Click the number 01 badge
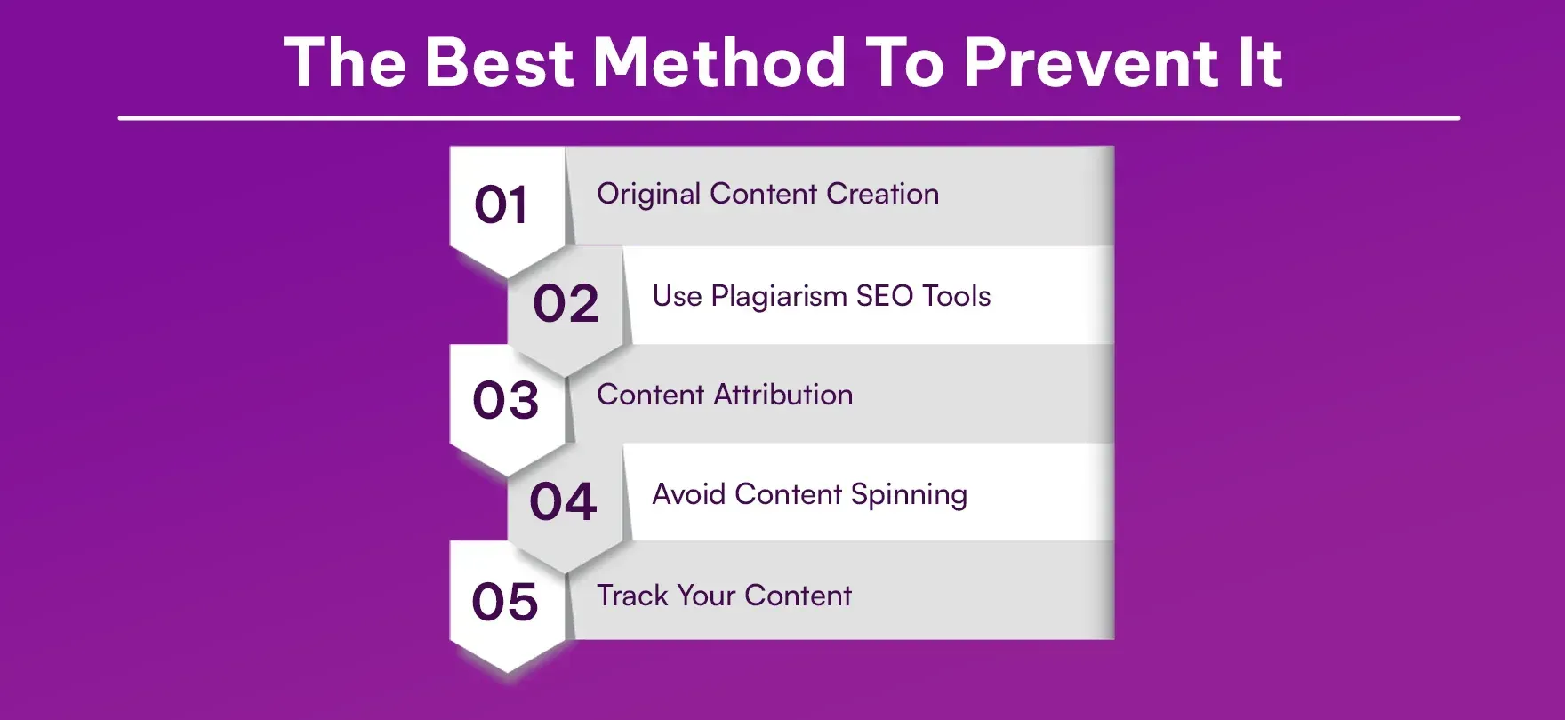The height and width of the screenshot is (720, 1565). [x=502, y=205]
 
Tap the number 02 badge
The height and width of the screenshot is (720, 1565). [x=566, y=304]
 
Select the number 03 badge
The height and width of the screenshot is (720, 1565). [x=505, y=400]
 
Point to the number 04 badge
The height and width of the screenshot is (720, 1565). [x=563, y=501]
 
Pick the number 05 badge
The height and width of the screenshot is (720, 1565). [x=504, y=602]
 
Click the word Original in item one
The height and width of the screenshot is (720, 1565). [x=648, y=195]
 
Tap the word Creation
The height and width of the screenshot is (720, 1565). [x=882, y=194]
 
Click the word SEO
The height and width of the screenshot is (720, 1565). [x=884, y=296]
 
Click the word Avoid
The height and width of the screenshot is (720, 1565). [x=688, y=494]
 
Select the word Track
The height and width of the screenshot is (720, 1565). [x=631, y=596]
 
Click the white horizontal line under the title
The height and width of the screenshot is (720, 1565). [x=789, y=117]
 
